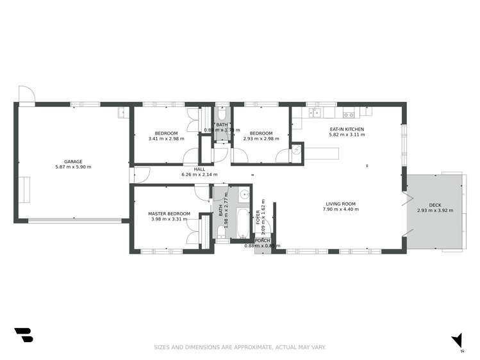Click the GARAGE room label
point(72,161)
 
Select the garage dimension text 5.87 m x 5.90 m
point(72,167)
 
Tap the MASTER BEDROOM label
point(169,213)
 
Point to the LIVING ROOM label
point(340,204)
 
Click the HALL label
point(199,169)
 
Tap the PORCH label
point(263,240)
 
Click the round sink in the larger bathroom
point(244,195)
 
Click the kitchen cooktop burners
point(349,115)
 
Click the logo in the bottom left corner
point(23,334)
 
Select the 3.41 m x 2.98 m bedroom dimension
point(166,139)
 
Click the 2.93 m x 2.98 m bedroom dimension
point(261,139)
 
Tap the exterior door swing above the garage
point(27,94)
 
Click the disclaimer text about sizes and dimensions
point(240,347)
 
